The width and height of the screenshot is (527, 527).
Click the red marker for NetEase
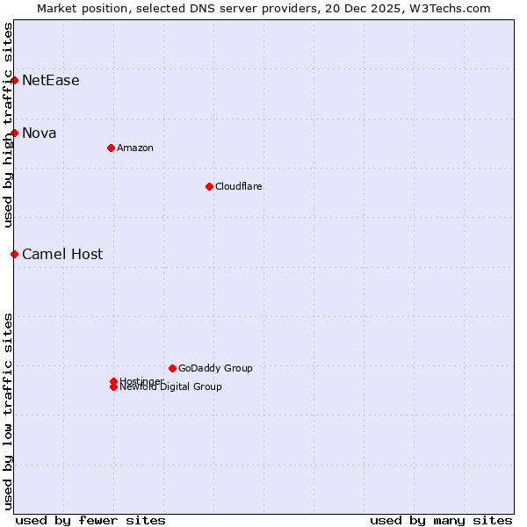14,80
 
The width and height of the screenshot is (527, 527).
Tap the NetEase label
50,81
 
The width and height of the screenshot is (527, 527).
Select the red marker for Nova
14,133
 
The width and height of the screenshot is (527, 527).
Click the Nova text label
39,134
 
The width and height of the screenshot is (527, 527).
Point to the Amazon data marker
111,148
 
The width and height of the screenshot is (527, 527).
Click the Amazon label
134,148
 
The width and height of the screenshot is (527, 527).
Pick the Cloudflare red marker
209,186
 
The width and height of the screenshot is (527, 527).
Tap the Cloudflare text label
238,186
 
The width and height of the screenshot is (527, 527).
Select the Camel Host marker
14,254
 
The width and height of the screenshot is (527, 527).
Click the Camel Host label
61,255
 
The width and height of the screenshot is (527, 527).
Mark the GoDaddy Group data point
172,368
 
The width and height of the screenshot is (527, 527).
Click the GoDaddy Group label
214,368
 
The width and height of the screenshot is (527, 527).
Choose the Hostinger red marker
113,381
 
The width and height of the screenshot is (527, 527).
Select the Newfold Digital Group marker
113,386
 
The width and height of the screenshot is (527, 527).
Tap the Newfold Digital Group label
170,387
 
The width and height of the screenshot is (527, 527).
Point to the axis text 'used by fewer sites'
90,520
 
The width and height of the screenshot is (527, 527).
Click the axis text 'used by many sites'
441,520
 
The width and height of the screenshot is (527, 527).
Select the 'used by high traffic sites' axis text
8,126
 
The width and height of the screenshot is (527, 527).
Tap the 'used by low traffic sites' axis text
8,410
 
